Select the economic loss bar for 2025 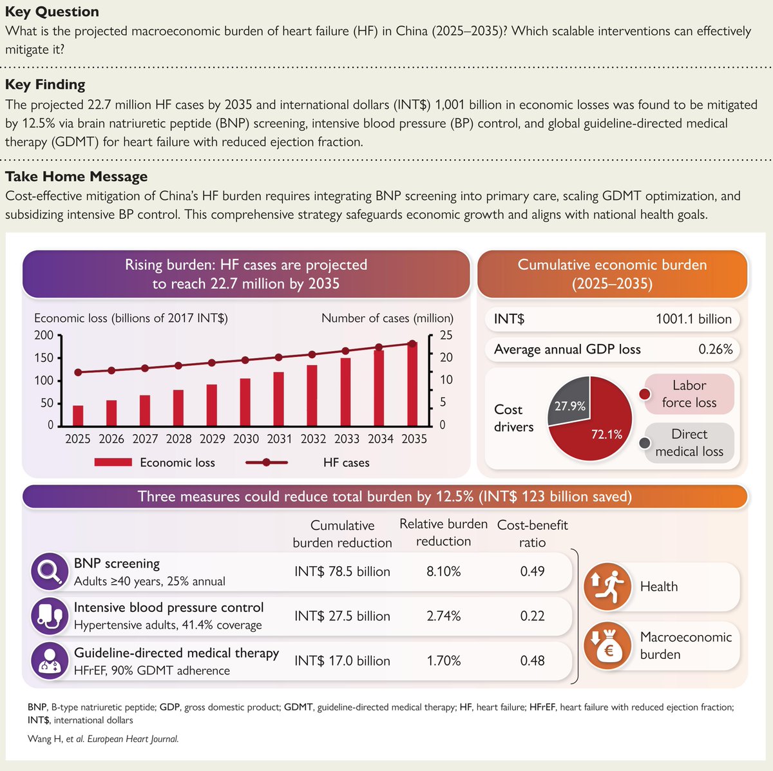[78, 415]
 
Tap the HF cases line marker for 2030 [245, 360]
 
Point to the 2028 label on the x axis [178, 439]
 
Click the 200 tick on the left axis [44, 335]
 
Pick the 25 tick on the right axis [446, 335]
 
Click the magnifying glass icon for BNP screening [50, 571]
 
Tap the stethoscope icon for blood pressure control [50, 616]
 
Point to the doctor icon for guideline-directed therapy [50, 660]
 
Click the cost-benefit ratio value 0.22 [532, 616]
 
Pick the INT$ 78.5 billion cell [342, 571]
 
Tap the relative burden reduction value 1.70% [443, 660]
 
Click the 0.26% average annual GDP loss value [715, 349]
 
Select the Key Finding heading [45, 84]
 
